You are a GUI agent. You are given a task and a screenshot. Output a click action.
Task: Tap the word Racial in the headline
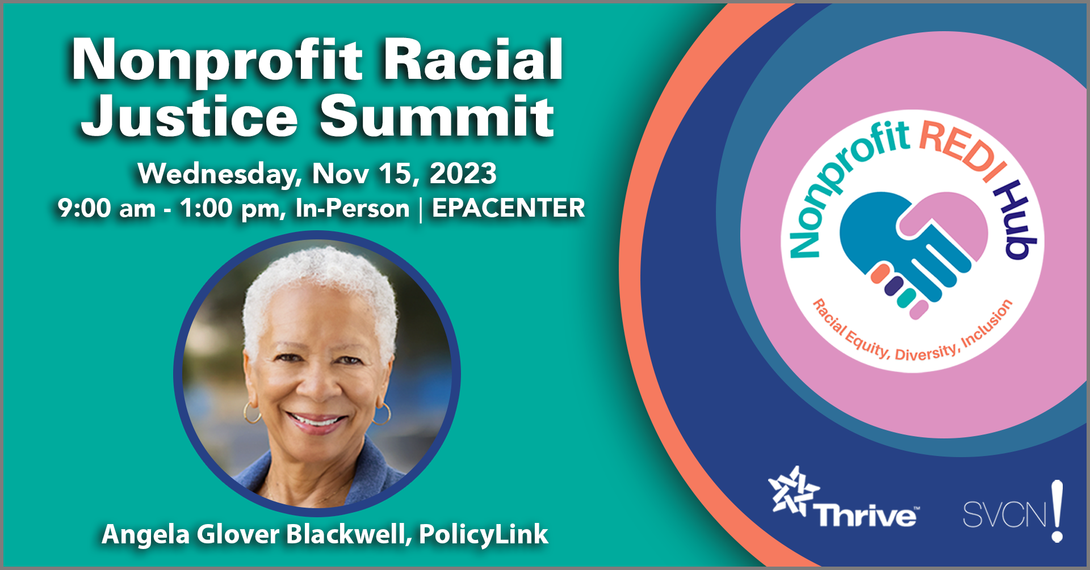473,59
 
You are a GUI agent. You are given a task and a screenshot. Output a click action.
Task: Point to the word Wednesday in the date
220,174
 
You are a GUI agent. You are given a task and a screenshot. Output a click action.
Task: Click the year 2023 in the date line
463,173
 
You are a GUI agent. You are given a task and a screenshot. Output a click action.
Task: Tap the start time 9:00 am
107,208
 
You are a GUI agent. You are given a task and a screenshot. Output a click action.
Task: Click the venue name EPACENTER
508,208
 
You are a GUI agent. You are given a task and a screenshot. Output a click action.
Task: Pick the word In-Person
353,208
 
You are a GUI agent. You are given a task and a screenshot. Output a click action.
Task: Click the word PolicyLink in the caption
484,534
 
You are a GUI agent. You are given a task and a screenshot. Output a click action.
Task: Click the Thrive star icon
793,491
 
